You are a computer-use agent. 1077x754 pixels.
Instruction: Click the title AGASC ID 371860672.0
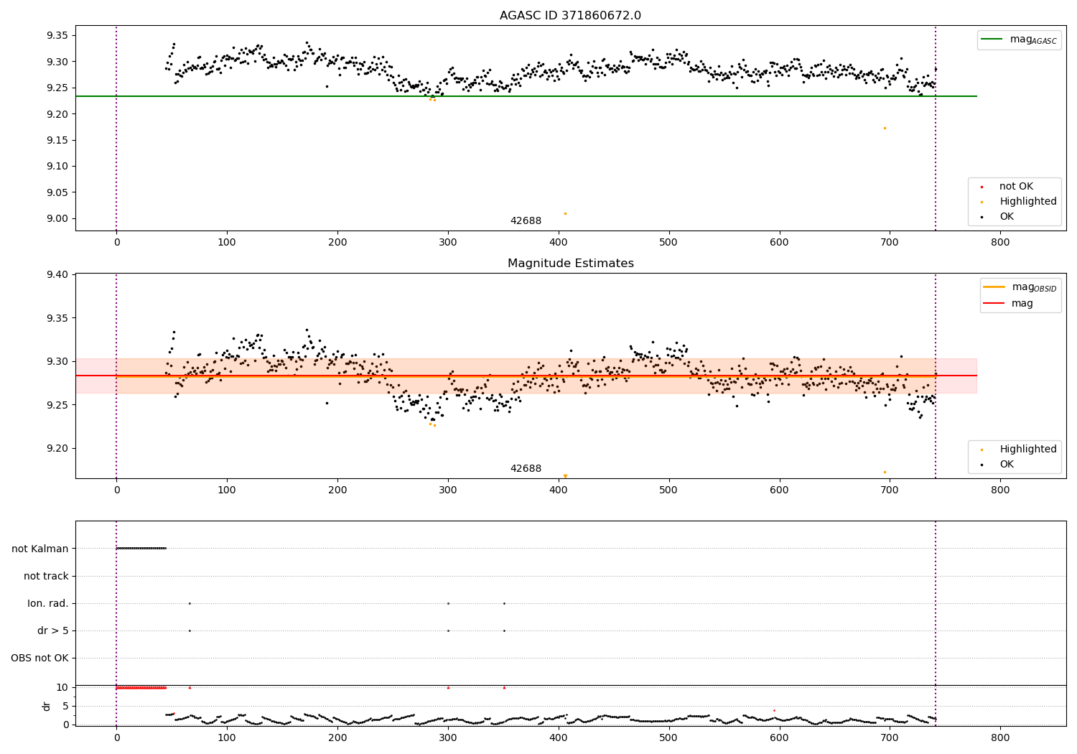(570, 16)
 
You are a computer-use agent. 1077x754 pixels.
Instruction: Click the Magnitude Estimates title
(570, 264)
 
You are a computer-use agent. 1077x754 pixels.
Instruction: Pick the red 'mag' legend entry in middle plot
(1022, 303)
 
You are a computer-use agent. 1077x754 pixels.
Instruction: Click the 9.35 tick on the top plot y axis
(57, 35)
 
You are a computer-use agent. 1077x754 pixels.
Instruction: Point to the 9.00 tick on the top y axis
(57, 218)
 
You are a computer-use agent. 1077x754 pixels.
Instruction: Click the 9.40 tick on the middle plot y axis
(57, 274)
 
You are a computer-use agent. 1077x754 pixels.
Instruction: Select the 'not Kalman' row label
(40, 549)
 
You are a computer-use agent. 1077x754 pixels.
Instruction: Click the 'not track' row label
(46, 576)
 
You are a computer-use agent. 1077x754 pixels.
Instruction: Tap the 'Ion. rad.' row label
(48, 603)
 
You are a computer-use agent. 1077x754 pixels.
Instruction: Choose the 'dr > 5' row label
(52, 630)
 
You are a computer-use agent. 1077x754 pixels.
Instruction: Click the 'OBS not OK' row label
(39, 658)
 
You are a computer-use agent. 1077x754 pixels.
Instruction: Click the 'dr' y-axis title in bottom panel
(47, 706)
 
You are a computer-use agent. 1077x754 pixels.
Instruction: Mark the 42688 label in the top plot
(526, 220)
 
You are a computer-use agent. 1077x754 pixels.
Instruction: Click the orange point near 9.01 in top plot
(565, 213)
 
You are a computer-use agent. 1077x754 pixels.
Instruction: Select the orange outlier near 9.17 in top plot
(885, 128)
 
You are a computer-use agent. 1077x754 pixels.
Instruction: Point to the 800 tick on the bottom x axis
(1000, 737)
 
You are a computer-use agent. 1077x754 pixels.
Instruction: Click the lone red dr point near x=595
(774, 710)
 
